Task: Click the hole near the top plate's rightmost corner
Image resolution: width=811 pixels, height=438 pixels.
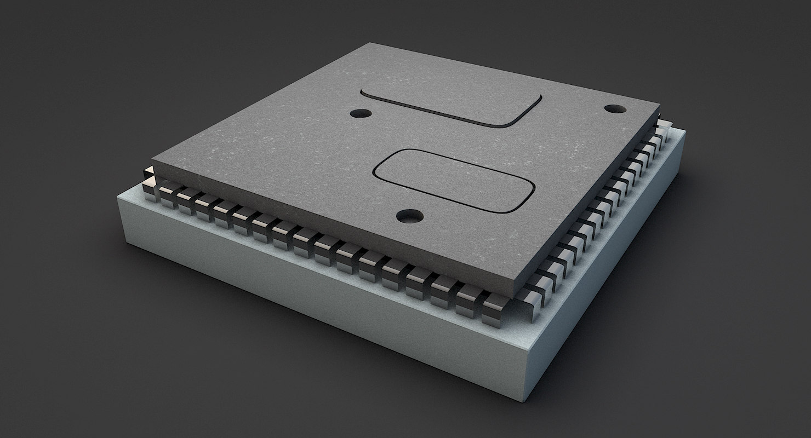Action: point(615,108)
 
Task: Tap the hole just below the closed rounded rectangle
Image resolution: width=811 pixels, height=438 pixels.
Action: point(410,216)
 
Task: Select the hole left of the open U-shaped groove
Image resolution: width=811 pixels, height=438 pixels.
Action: point(361,113)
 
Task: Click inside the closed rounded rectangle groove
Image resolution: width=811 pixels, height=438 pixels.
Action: point(454,180)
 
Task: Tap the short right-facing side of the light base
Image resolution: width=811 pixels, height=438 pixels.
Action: point(608,274)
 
